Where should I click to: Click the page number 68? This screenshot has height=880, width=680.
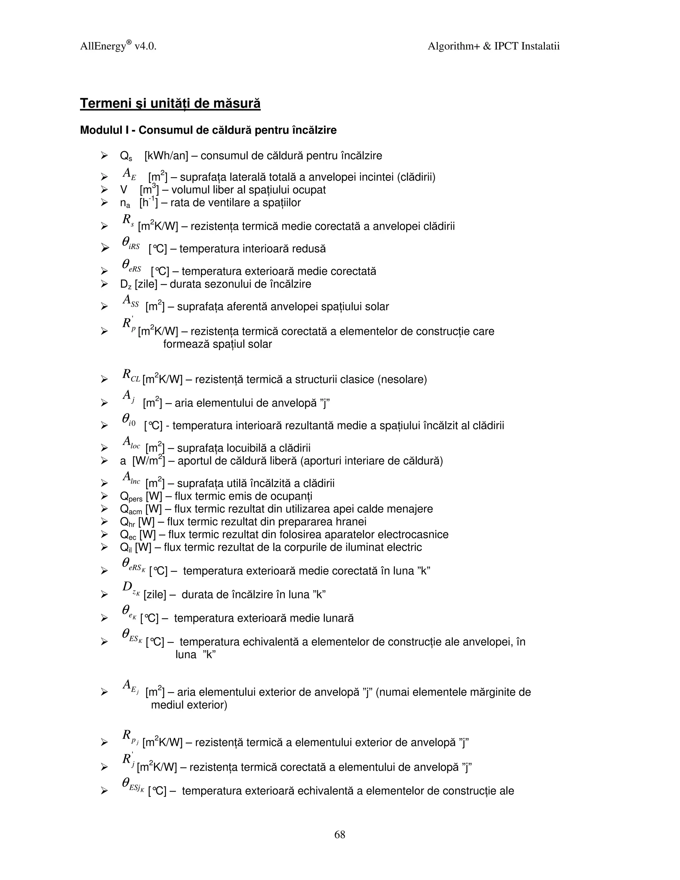pos(340,835)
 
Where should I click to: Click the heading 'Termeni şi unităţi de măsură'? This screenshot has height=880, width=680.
pos(170,104)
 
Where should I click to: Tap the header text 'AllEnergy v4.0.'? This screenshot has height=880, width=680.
pos(118,46)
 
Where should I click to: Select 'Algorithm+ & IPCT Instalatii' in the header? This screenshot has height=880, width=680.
pos(493,46)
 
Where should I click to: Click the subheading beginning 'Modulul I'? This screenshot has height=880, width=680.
pos(208,130)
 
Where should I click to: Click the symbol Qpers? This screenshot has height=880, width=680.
pos(131,497)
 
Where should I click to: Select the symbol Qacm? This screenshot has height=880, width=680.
pos(131,510)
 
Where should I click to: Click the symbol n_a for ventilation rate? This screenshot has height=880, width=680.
pos(125,203)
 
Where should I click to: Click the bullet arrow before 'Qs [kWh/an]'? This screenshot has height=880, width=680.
pos(104,155)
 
